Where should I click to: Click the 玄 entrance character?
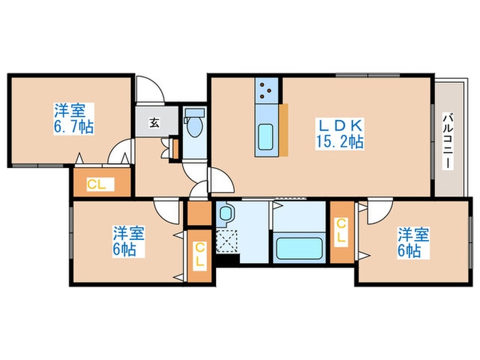154,123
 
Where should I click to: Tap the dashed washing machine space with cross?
226,241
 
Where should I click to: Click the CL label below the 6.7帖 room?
96,184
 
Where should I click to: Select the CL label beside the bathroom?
341,231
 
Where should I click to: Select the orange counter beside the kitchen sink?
283,128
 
